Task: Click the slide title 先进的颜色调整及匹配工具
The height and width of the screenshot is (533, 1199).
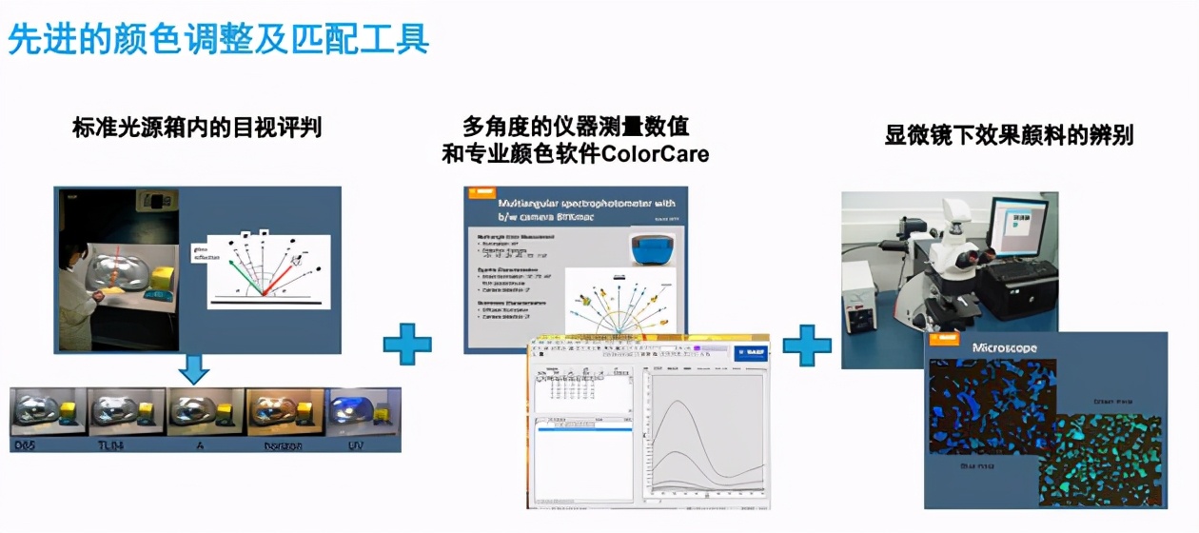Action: [219, 39]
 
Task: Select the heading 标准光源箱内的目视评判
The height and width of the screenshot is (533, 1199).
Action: [197, 127]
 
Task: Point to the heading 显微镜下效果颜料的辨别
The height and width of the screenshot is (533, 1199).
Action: [1009, 134]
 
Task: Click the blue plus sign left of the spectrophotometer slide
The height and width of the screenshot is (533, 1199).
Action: [407, 344]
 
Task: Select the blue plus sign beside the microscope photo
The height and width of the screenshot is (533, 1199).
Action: [807, 345]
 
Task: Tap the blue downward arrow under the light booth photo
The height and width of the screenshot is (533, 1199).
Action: [194, 370]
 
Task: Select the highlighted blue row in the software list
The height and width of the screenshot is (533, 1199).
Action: [584, 429]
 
